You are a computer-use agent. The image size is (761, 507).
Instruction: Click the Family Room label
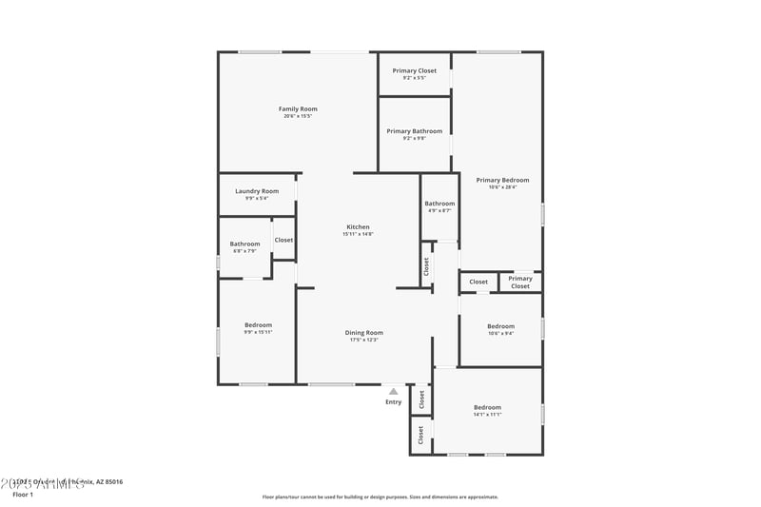coord(298,109)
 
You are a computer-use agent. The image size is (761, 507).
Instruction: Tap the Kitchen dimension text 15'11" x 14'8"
coord(358,234)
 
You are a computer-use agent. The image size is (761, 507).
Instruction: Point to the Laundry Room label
coord(257,191)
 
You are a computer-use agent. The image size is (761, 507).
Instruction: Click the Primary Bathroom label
coord(414,131)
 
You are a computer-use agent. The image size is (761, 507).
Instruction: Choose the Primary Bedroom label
coord(502,180)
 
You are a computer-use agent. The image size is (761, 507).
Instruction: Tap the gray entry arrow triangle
coord(393,391)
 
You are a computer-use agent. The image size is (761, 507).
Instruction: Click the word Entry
coord(393,402)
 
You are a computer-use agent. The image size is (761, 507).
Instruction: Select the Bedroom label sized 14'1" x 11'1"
coord(487,407)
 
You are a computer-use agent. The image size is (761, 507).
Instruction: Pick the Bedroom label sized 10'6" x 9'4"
coord(500,326)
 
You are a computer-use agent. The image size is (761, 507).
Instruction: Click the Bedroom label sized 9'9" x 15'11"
coord(257,325)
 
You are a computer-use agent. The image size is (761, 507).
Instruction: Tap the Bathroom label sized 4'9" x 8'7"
coord(439,204)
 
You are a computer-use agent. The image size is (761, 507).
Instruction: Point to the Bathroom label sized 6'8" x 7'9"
coord(244,244)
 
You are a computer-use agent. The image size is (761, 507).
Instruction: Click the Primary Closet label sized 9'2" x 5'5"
coord(414,71)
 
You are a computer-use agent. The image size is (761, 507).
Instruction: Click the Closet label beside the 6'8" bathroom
coord(283,240)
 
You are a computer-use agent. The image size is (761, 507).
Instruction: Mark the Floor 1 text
coord(23,495)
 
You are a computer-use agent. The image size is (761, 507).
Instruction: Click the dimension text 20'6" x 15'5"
coord(298,116)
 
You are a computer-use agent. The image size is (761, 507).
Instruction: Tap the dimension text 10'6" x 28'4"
coord(502,187)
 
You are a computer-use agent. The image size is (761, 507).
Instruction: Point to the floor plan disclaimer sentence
coord(380,497)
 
